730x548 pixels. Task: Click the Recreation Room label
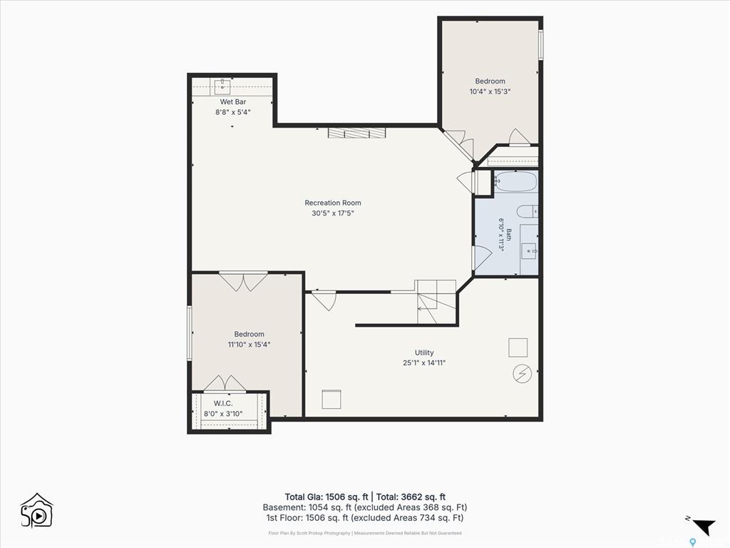click(333, 203)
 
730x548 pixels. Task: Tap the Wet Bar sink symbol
click(222, 86)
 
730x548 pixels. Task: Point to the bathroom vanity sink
click(528, 250)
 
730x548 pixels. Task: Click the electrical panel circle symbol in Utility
click(523, 373)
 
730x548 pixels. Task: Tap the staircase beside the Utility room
click(436, 302)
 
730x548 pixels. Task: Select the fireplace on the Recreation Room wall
click(357, 133)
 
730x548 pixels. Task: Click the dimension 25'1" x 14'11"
click(424, 362)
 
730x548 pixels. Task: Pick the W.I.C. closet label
click(223, 403)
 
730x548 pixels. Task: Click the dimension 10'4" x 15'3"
click(490, 91)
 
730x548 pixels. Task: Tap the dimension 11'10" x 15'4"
click(249, 345)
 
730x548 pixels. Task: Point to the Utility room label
click(424, 352)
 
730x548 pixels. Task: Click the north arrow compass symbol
click(704, 526)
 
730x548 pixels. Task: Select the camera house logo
click(37, 511)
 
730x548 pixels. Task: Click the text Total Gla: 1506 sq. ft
click(327, 497)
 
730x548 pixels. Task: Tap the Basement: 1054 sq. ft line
click(364, 507)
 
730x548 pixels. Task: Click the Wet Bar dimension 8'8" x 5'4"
click(233, 112)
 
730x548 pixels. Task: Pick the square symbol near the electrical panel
click(518, 347)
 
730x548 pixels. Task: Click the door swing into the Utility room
click(324, 300)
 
